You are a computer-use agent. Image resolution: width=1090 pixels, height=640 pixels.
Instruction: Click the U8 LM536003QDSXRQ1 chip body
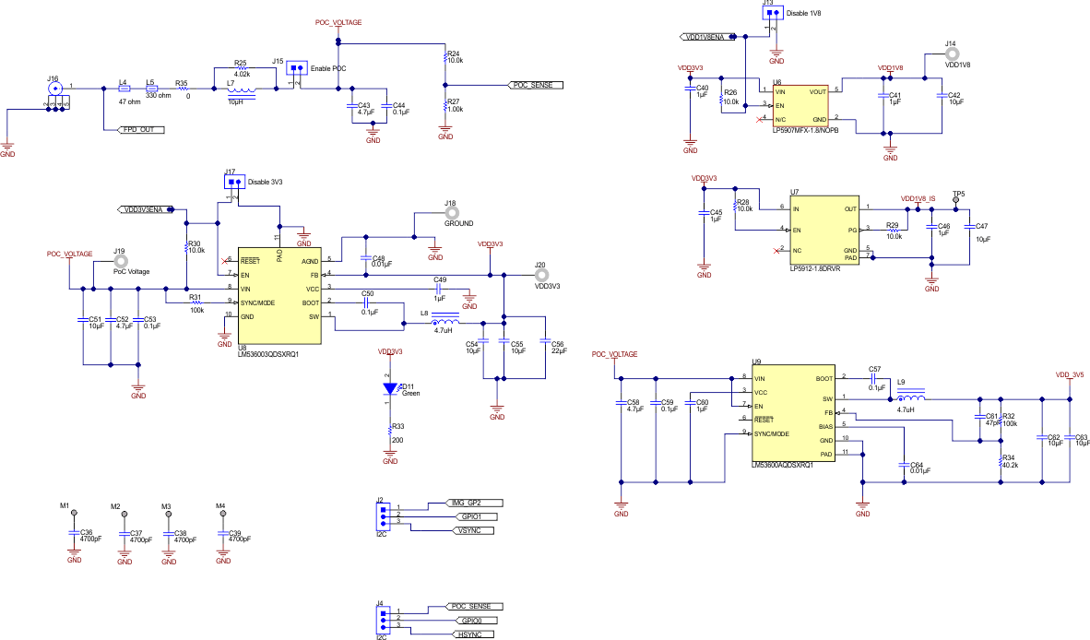(279, 295)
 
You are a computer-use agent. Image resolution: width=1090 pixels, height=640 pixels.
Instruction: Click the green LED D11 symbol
(389, 389)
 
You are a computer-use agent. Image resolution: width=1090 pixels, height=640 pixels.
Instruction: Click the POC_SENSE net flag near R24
(536, 85)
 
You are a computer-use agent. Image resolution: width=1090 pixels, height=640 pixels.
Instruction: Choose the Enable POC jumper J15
(296, 69)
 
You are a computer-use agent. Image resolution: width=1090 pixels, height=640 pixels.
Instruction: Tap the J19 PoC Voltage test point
(119, 262)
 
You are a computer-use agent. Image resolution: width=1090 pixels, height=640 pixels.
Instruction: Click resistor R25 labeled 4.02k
(242, 70)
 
